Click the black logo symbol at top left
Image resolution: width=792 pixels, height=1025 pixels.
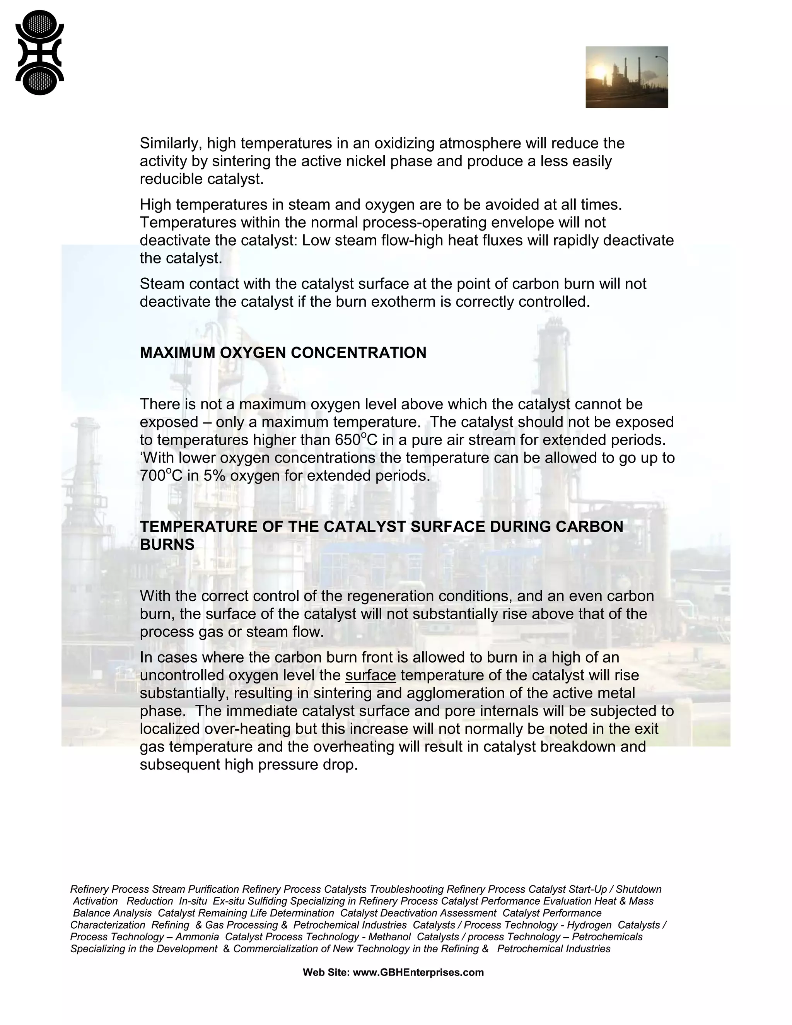click(x=39, y=53)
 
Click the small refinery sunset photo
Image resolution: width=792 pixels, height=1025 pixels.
click(x=626, y=77)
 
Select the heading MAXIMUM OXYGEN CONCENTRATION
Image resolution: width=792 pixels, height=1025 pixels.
click(x=283, y=352)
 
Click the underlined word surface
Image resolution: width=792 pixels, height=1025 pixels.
click(x=370, y=675)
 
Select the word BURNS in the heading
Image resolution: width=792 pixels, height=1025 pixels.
click(x=167, y=545)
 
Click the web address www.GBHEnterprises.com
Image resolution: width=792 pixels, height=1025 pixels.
click(x=418, y=972)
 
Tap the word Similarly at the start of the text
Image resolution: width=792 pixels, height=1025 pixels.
click(x=171, y=143)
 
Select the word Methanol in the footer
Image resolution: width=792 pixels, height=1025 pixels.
click(x=389, y=937)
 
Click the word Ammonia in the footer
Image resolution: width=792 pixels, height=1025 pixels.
click(x=197, y=937)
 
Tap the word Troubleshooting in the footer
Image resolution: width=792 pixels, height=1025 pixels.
click(x=406, y=889)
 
